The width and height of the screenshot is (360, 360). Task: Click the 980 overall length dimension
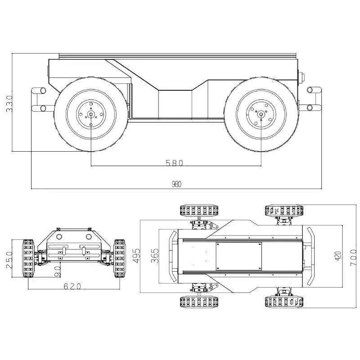(x=176, y=184)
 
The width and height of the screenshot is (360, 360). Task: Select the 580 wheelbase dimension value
(x=174, y=163)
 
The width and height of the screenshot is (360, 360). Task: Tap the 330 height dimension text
(x=9, y=103)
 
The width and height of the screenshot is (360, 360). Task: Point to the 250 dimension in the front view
(x=9, y=260)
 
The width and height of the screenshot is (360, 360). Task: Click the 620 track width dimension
(x=72, y=286)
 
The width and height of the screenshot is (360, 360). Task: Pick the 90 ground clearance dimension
(x=58, y=271)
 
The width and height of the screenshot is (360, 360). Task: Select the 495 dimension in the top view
(x=137, y=255)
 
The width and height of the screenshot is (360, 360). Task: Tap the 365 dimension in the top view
(x=155, y=256)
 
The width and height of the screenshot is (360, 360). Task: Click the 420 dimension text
(x=338, y=256)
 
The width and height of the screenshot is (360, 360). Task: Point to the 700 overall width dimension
(x=354, y=258)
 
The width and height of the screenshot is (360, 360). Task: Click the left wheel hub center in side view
(x=91, y=114)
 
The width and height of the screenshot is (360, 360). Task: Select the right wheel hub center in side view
(x=261, y=114)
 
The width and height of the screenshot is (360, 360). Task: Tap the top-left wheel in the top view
(x=199, y=211)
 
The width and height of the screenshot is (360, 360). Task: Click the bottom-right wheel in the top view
(x=284, y=302)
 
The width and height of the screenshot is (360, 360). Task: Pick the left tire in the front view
(x=28, y=258)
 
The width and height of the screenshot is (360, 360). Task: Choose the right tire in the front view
(x=120, y=258)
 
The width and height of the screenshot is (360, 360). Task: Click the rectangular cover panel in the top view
(x=239, y=256)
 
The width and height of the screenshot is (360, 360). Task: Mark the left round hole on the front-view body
(x=59, y=237)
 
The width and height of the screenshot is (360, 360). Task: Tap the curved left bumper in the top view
(x=173, y=256)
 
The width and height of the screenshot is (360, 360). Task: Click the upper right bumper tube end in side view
(x=310, y=90)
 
